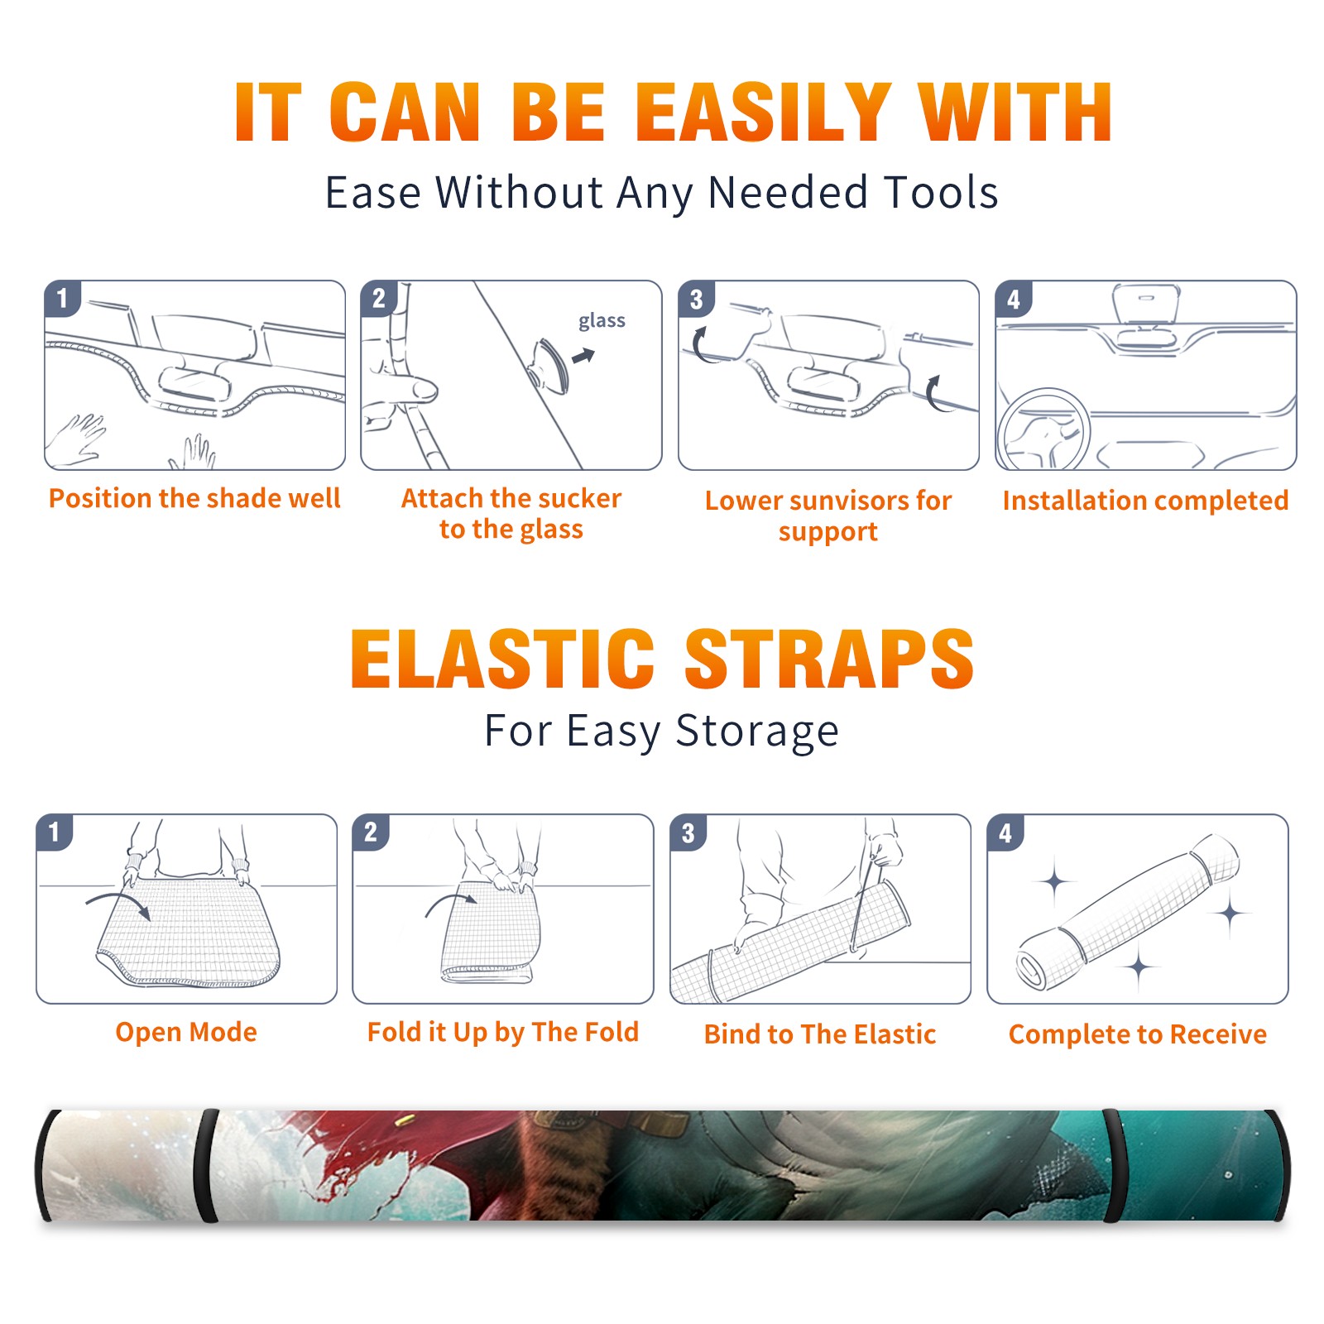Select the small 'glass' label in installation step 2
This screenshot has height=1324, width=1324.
[602, 321]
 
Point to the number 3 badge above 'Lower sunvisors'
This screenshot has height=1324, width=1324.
[695, 299]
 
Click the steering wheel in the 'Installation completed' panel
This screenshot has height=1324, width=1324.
[1043, 429]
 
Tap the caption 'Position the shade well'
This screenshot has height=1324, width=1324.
[194, 498]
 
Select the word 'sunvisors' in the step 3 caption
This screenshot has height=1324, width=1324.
[848, 501]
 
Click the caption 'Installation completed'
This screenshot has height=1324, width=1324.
[1145, 501]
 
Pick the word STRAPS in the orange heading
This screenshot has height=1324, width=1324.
[829, 659]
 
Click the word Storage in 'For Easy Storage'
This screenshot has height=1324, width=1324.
[757, 732]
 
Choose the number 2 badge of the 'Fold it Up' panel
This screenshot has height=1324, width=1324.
[370, 832]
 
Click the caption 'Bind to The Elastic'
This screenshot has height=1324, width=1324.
[819, 1034]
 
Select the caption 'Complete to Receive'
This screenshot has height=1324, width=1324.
[1138, 1034]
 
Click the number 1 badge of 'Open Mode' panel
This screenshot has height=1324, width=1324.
[54, 832]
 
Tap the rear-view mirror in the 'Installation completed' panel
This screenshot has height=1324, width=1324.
[1145, 303]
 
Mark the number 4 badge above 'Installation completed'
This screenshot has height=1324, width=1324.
[1013, 299]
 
